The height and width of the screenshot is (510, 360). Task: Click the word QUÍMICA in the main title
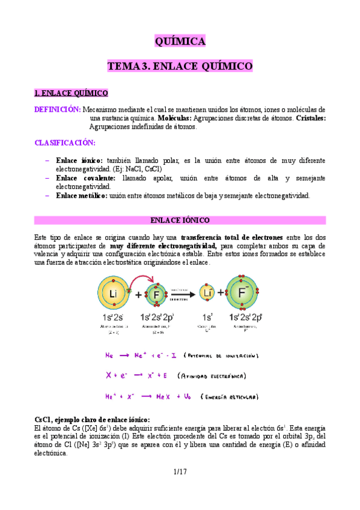click(180, 41)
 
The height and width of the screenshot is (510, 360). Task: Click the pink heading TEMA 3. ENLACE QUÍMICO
click(180, 66)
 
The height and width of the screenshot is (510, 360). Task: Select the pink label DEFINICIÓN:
click(58, 110)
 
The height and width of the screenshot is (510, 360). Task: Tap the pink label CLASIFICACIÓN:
click(65, 143)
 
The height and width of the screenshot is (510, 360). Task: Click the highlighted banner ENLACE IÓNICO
click(180, 221)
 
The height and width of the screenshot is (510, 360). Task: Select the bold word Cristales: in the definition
click(311, 118)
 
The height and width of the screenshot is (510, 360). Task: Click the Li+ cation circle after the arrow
click(208, 294)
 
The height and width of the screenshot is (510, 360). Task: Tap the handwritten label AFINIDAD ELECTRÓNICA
click(211, 376)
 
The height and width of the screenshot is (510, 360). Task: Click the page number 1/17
click(180, 472)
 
